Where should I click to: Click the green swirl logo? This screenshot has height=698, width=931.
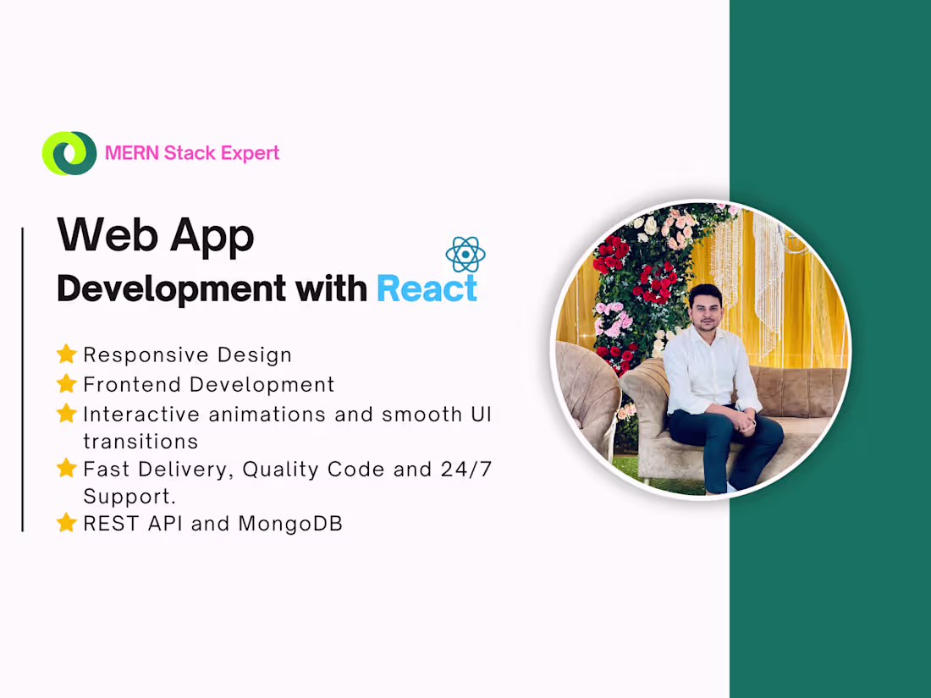(69, 153)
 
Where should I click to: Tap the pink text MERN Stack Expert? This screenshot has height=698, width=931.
(191, 153)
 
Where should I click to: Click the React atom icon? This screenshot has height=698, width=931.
(465, 255)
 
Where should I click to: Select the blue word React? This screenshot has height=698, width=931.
(427, 289)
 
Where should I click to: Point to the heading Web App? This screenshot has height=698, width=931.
(156, 235)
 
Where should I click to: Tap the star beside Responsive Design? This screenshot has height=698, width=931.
(66, 354)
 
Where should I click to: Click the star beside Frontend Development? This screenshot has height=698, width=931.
(66, 384)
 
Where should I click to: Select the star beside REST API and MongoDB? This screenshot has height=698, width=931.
(66, 524)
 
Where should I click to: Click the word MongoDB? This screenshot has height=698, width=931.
(290, 524)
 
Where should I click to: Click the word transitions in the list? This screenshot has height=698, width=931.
(140, 442)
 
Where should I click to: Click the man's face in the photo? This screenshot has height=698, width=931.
(704, 314)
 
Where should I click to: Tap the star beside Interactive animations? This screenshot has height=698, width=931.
(66, 414)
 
